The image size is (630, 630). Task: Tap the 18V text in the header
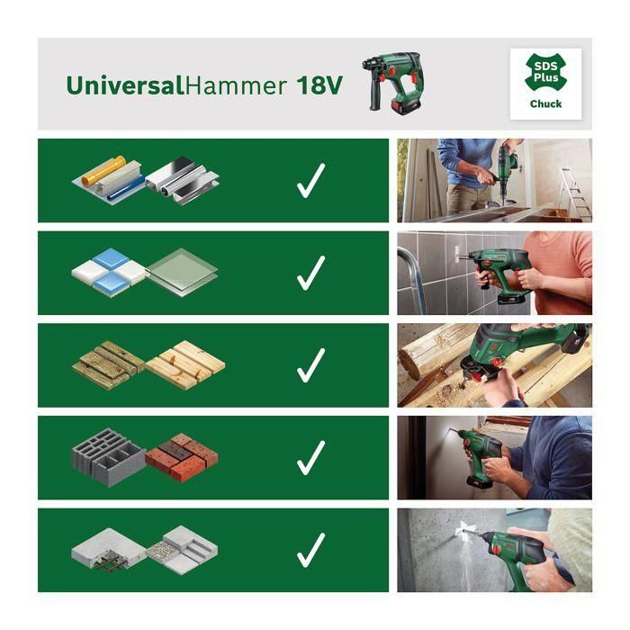(x=320, y=85)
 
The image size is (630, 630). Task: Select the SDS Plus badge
(x=544, y=75)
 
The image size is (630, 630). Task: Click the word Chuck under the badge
(x=545, y=104)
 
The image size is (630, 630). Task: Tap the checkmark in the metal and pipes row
(x=310, y=181)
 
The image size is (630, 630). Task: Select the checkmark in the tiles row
(x=310, y=273)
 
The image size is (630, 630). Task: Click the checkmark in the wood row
(x=310, y=365)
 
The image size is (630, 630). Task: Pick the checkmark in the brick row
(x=310, y=458)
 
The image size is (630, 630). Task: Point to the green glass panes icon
(x=182, y=269)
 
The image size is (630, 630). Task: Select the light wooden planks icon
(x=184, y=364)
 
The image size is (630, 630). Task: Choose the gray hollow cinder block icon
(x=107, y=457)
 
